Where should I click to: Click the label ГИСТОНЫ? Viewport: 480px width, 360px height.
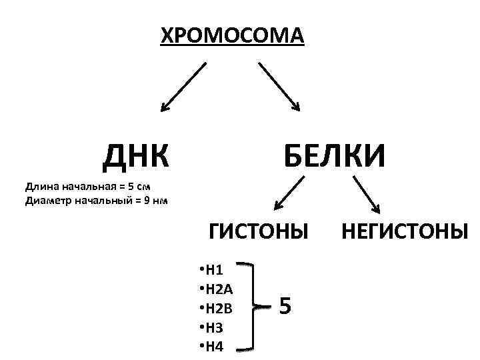pyautogui.click(x=259, y=231)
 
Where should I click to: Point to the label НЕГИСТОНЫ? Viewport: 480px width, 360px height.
pyautogui.click(x=405, y=231)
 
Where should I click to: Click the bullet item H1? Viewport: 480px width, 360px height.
pyautogui.click(x=213, y=270)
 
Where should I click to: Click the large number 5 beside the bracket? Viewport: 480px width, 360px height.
pyautogui.click(x=285, y=306)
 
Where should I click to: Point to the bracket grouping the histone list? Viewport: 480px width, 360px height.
pyautogui.click(x=255, y=307)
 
